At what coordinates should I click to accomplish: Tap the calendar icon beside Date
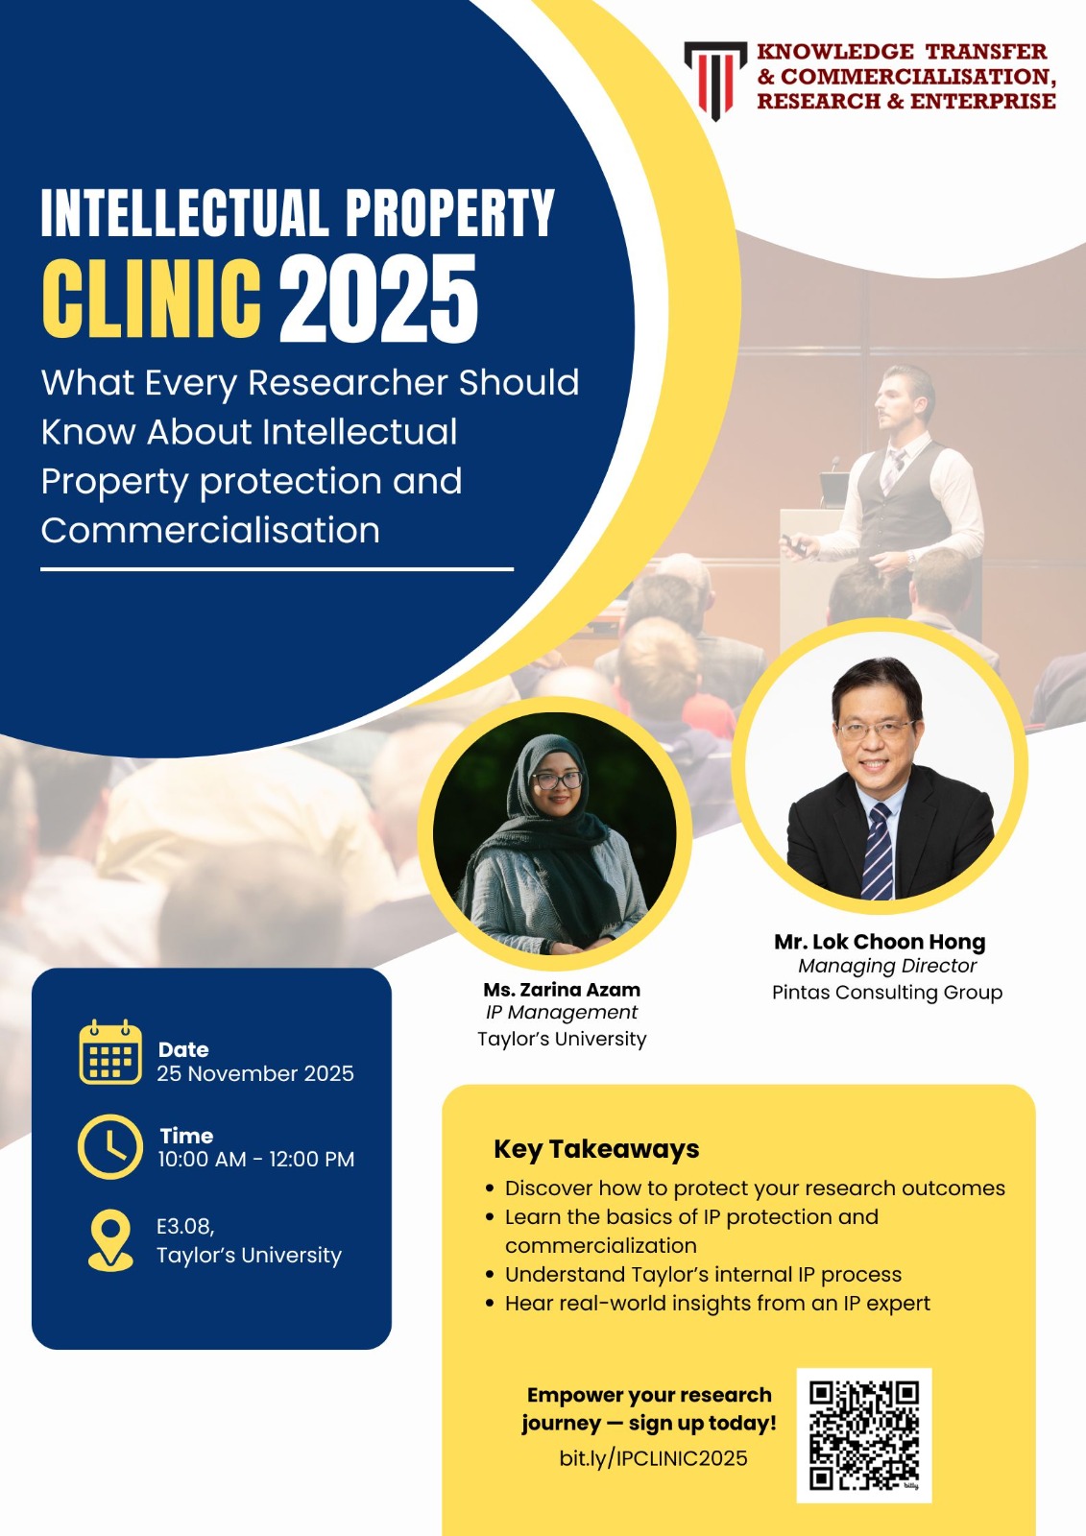point(110,1052)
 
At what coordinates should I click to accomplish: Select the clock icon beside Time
point(110,1146)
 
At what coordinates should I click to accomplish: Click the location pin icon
point(110,1239)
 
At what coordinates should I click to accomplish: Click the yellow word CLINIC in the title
point(152,299)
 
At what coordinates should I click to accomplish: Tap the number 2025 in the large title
point(378,299)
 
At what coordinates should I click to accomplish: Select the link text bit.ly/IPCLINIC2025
point(653,1458)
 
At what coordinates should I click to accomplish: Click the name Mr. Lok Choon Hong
point(880,942)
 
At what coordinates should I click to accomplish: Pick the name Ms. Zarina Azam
point(562,990)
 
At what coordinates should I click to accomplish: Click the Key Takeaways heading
point(596,1148)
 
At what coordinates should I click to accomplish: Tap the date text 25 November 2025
point(255,1073)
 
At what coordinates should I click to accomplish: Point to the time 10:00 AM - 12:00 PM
point(255,1159)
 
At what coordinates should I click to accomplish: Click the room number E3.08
point(185,1225)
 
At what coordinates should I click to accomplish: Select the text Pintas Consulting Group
point(887,993)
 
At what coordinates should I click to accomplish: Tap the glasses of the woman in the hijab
point(557,780)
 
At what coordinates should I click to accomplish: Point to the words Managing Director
point(887,966)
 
